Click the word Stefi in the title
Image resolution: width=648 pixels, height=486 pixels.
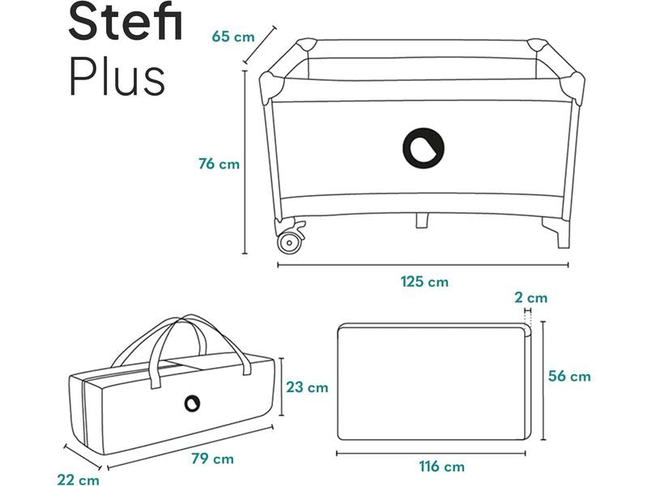[x=126, y=21]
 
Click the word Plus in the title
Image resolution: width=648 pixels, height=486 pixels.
[x=117, y=75]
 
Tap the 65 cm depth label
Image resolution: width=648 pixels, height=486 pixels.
[x=233, y=36]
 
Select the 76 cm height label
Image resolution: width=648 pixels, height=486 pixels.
[x=219, y=164]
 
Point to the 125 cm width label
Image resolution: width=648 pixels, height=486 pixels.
[x=424, y=282]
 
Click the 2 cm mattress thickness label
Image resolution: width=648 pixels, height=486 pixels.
[x=531, y=297]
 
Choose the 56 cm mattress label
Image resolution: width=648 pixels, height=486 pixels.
[x=569, y=376]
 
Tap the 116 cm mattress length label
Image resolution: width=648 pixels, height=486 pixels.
[x=441, y=467]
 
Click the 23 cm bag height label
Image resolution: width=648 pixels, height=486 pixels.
[x=307, y=387]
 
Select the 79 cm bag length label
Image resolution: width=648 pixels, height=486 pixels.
[x=212, y=458]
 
